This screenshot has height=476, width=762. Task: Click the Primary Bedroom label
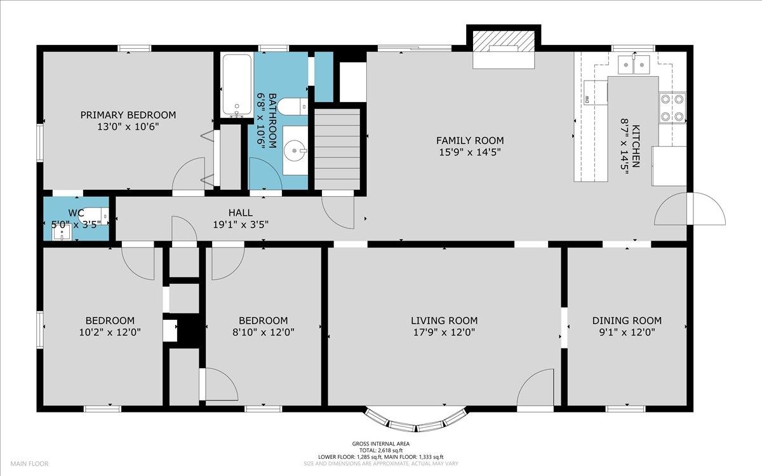pyautogui.click(x=128, y=115)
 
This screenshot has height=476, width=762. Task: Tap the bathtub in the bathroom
pyautogui.click(x=237, y=85)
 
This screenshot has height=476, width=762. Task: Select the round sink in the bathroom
pyautogui.click(x=295, y=150)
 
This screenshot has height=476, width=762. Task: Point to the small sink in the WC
pyautogui.click(x=62, y=232)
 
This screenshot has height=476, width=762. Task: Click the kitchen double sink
pyautogui.click(x=634, y=64)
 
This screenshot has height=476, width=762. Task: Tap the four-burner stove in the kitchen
pyautogui.click(x=672, y=108)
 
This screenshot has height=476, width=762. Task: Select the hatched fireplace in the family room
pyautogui.click(x=504, y=41)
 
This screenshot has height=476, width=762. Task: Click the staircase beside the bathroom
pyautogui.click(x=337, y=149)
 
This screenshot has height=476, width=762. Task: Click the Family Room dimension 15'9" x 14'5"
pyautogui.click(x=470, y=152)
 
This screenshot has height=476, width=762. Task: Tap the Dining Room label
pyautogui.click(x=627, y=321)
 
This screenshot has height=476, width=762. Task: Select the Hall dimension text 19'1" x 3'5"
pyautogui.click(x=241, y=225)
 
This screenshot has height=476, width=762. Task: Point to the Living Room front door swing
pyautogui.click(x=535, y=387)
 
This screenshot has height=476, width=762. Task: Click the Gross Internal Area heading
pyautogui.click(x=380, y=444)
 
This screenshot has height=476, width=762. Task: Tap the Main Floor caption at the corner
pyautogui.click(x=29, y=463)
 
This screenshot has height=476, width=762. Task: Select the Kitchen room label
pyautogui.click(x=635, y=146)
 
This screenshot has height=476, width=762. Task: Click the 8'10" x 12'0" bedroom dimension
pyautogui.click(x=264, y=332)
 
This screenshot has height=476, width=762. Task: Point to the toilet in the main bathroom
pyautogui.click(x=293, y=107)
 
